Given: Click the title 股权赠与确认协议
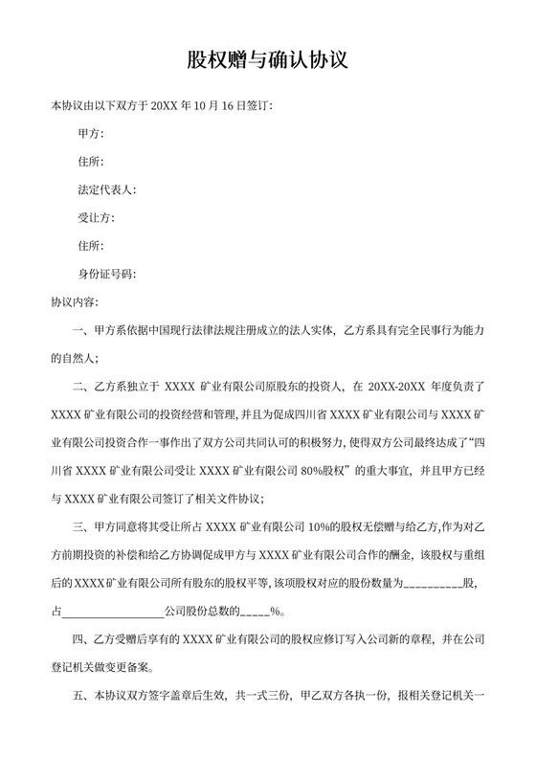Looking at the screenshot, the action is click(x=267, y=60).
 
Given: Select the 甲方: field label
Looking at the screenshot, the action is click(x=90, y=134).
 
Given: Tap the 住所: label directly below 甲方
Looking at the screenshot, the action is click(x=90, y=162).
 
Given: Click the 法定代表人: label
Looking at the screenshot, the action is click(x=107, y=189).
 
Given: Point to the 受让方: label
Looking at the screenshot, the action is click(x=96, y=218).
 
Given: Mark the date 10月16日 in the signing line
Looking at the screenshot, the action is click(x=220, y=105).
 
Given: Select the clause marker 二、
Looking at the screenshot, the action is click(x=81, y=388).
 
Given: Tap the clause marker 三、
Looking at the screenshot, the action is click(x=81, y=526).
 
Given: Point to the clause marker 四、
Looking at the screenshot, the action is click(x=81, y=638).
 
